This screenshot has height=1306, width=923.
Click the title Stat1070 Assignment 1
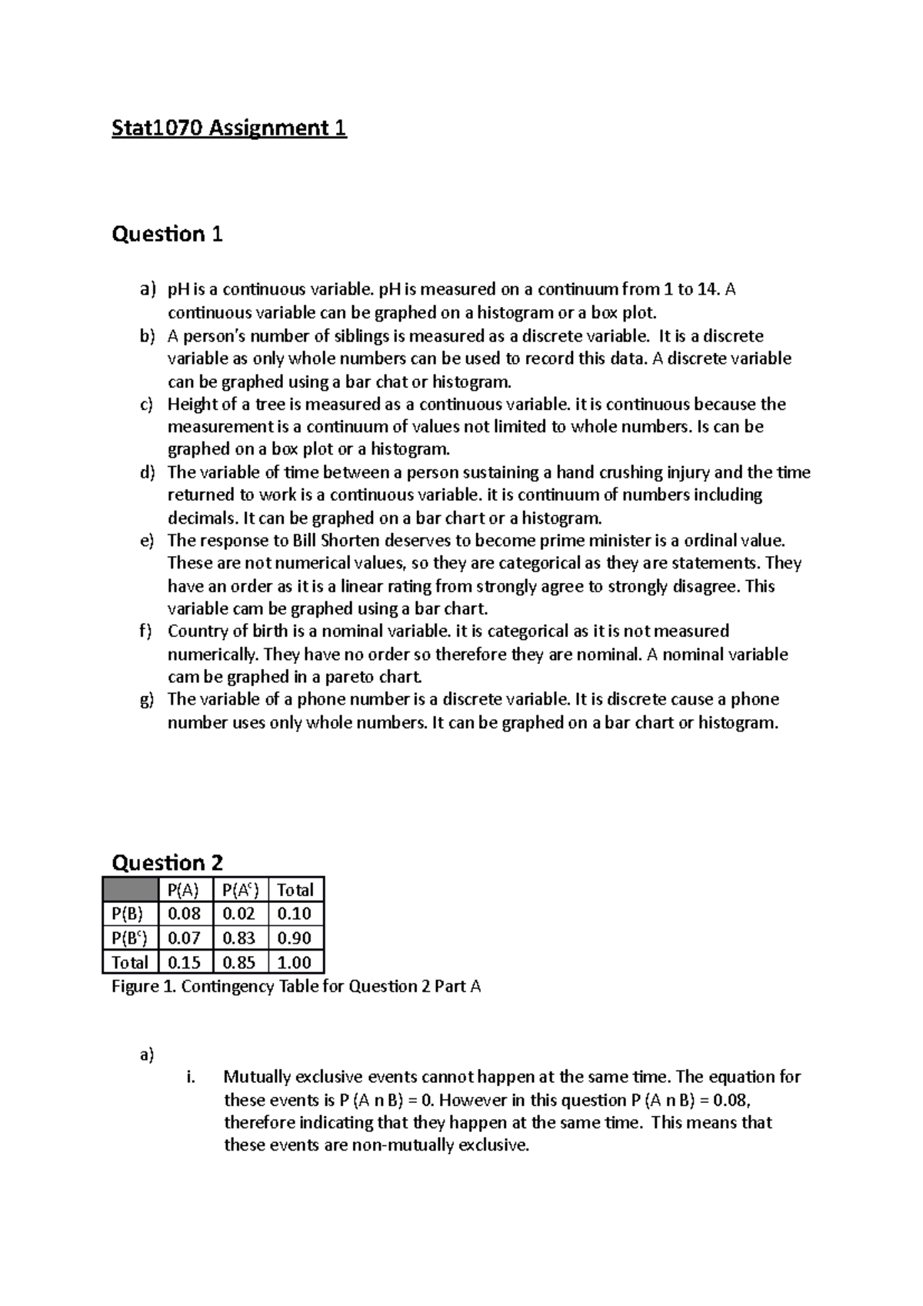coord(229,128)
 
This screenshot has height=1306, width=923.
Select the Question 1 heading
coord(167,234)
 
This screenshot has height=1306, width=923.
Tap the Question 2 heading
coord(167,862)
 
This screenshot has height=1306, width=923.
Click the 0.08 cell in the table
coord(185,914)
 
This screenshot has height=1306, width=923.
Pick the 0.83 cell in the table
coord(239,938)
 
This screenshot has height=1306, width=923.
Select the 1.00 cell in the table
coord(295,962)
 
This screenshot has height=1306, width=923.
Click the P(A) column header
coord(185,890)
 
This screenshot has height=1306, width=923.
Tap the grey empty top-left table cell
coord(129,890)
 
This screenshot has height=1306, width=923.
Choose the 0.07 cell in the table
coord(185,938)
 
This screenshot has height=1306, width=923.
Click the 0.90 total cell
coord(295,938)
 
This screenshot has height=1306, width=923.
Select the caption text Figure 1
coord(144,987)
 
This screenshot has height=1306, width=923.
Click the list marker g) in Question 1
coord(147,700)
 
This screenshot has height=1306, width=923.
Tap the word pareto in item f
coord(342,678)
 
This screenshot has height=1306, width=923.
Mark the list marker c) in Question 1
coord(147,405)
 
